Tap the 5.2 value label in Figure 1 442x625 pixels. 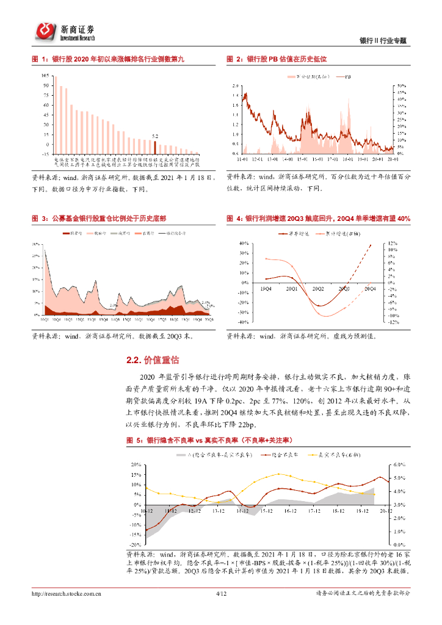(x=155, y=136)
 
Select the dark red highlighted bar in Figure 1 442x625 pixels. (x=155, y=146)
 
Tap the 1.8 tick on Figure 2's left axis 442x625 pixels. (x=236, y=95)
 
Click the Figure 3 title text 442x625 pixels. (x=101, y=218)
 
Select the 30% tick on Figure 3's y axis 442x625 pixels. (x=37, y=244)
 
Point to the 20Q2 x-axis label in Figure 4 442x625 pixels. (x=318, y=287)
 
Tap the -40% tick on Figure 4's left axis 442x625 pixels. (x=243, y=322)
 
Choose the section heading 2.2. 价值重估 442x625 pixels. (x=153, y=361)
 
